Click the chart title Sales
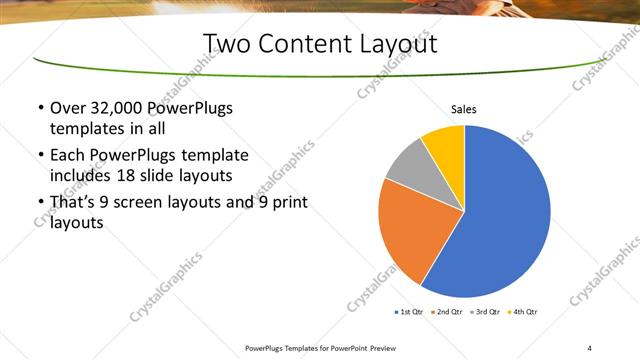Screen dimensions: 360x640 tap(464, 109)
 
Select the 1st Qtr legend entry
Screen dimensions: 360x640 tap(412, 312)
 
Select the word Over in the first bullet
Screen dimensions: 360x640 tap(66, 108)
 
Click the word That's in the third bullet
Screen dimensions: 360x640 tap(73, 203)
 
